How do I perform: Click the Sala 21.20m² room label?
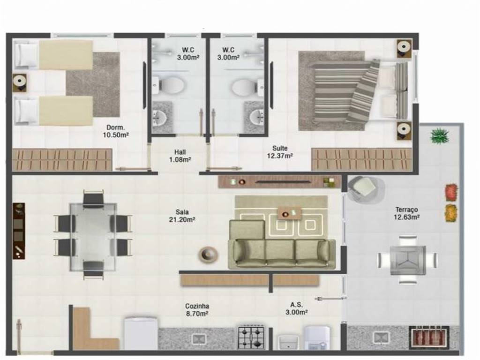[x=182, y=216]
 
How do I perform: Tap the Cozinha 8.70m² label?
[x=197, y=310]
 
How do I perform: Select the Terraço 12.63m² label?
[x=406, y=213]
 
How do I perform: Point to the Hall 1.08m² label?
[x=180, y=156]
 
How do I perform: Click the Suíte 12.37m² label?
[x=280, y=152]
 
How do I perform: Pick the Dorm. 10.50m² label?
[x=116, y=131]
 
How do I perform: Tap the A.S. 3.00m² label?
[x=296, y=308]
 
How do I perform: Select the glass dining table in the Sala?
[x=93, y=237]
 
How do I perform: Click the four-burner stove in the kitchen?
[x=251, y=337]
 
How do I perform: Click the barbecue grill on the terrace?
[x=429, y=337]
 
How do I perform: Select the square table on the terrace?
[x=408, y=260]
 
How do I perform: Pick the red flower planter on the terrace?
[x=451, y=192]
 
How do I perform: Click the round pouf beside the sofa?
[x=208, y=254]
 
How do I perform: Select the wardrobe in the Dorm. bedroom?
[x=62, y=159]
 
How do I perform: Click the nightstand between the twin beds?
[x=20, y=82]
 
